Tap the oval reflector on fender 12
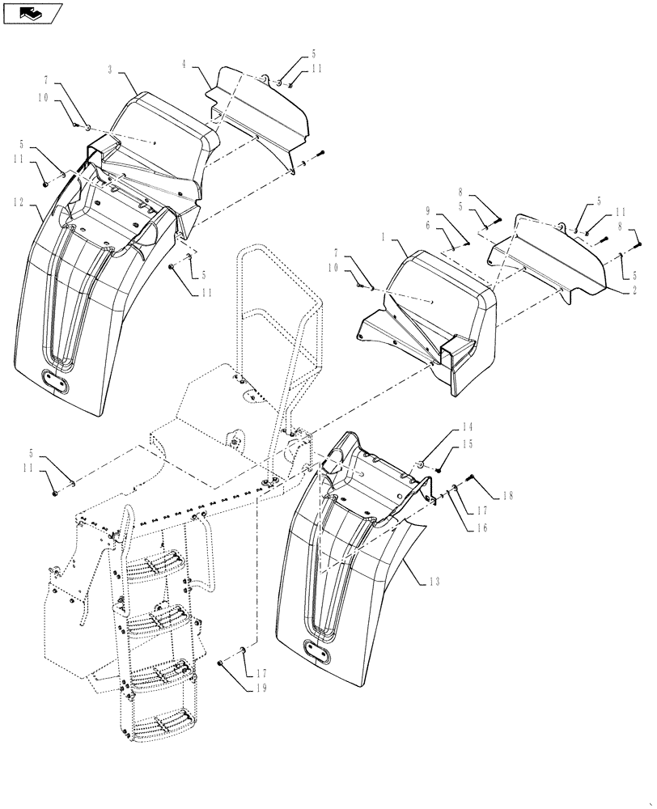57,379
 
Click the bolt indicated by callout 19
221,663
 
